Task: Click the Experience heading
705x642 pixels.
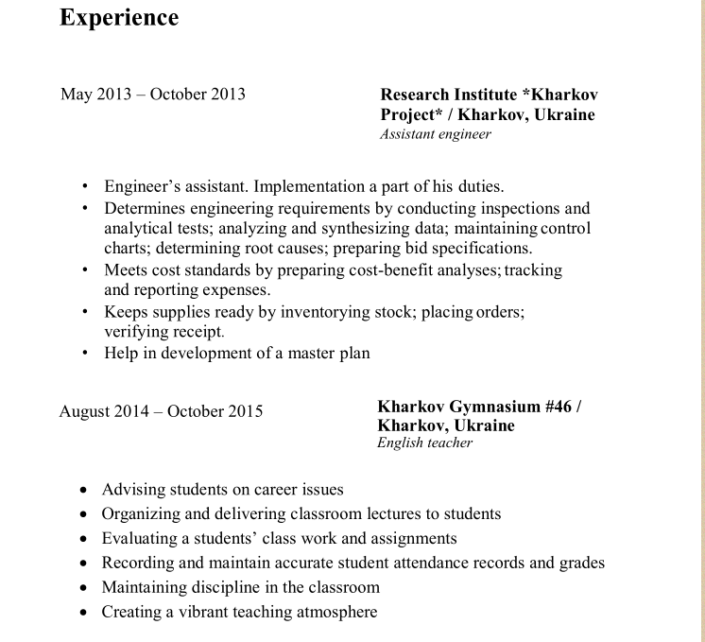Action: [x=119, y=18]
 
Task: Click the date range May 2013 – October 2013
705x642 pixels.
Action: [x=153, y=94]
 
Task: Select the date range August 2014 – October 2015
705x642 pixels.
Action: [x=161, y=411]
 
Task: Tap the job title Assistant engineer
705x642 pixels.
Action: [x=436, y=134]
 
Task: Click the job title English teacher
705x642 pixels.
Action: [x=424, y=442]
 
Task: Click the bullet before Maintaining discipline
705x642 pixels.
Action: [x=84, y=587]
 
